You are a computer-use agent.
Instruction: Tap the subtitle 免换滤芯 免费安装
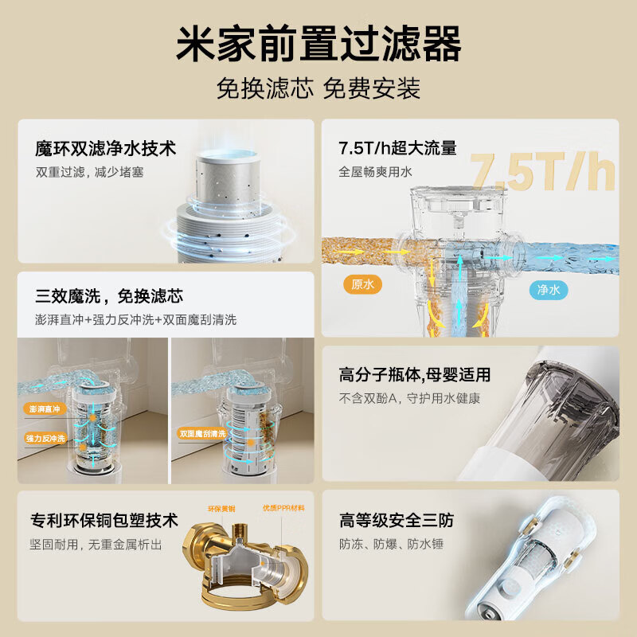[318, 88]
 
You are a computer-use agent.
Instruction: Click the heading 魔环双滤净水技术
[105, 148]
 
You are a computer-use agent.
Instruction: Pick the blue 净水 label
[549, 290]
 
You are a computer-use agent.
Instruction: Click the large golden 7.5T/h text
[541, 170]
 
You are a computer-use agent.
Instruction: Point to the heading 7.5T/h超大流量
[397, 148]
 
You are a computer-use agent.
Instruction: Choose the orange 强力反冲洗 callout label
[45, 438]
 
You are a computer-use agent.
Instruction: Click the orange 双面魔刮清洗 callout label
[202, 433]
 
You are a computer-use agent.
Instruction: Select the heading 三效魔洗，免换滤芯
[109, 296]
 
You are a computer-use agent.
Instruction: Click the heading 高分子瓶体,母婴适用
[414, 374]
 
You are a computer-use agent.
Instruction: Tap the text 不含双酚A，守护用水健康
[409, 398]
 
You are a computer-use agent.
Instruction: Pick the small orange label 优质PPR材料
[283, 507]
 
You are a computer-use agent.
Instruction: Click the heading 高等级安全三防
[396, 521]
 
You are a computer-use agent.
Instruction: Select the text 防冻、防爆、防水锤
[390, 545]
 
